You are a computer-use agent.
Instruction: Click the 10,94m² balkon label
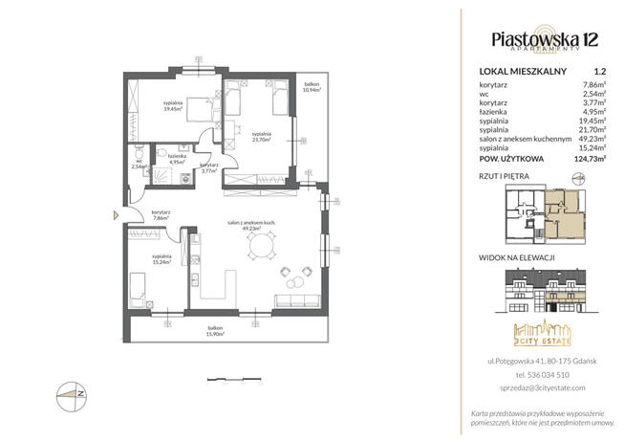(x=312, y=89)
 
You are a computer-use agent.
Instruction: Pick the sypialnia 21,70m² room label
(x=261, y=137)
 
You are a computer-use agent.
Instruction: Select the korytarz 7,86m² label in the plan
(x=162, y=215)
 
